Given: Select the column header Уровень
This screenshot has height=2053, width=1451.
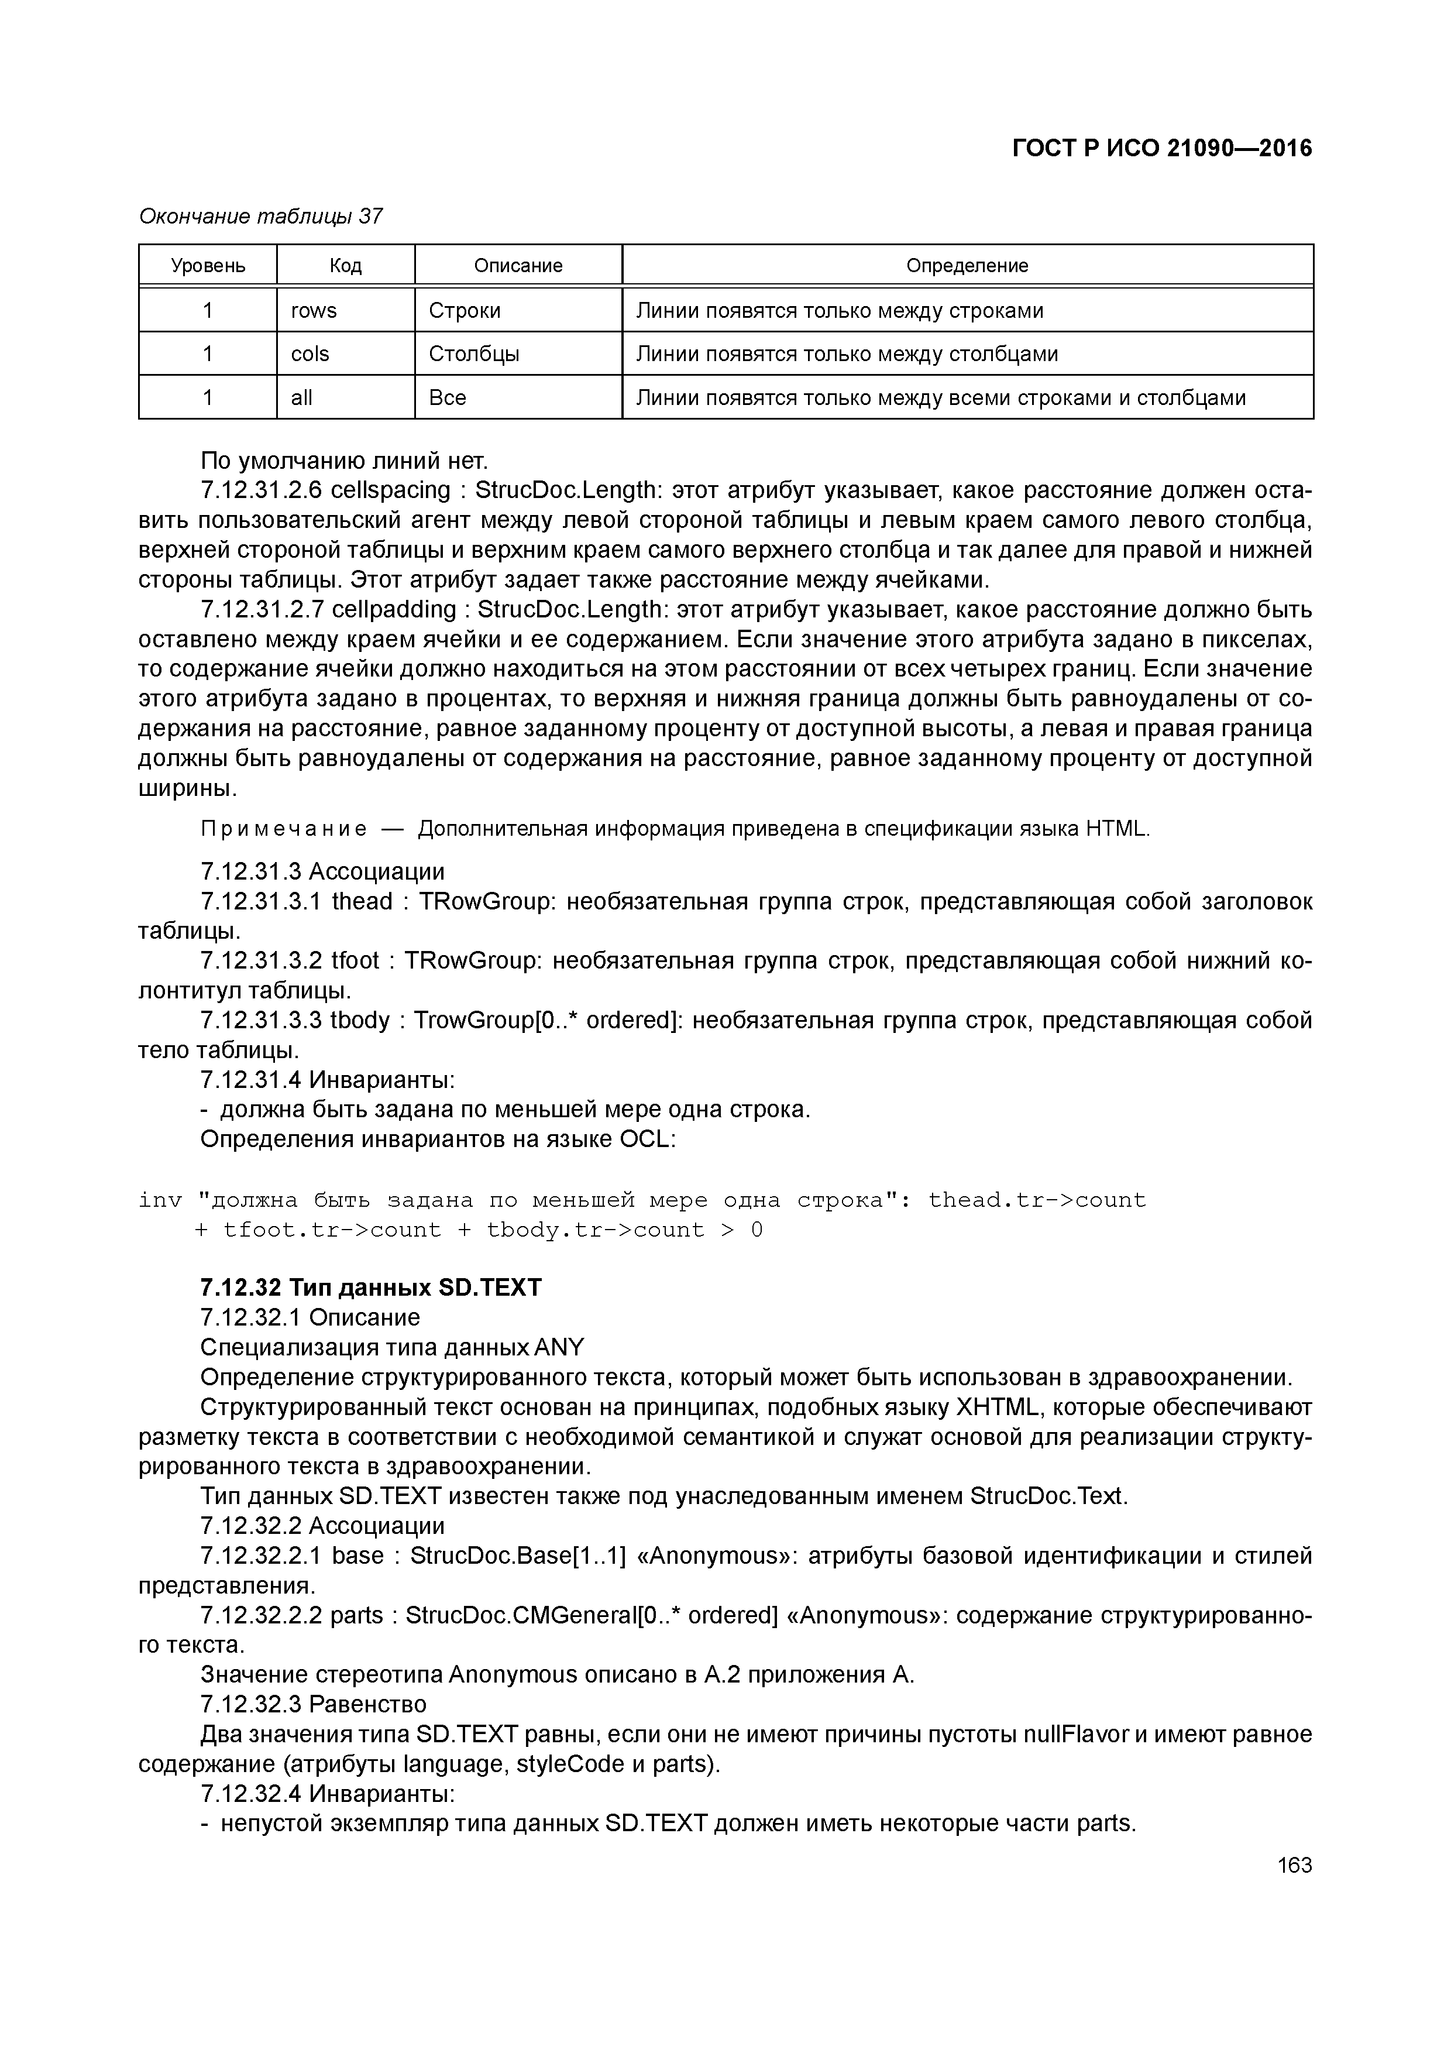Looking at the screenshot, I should (208, 266).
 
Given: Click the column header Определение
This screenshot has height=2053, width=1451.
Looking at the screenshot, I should (967, 266).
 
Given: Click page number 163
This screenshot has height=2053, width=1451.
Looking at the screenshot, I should (1294, 1865).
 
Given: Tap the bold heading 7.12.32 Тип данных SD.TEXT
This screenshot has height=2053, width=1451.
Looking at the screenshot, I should (371, 1288).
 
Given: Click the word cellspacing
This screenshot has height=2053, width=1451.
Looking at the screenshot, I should (391, 491).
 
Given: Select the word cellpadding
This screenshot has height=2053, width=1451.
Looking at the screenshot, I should (393, 610).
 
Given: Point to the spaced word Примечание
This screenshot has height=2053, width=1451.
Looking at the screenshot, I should (283, 829).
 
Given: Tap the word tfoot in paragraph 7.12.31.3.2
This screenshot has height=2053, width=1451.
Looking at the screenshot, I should (355, 961).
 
